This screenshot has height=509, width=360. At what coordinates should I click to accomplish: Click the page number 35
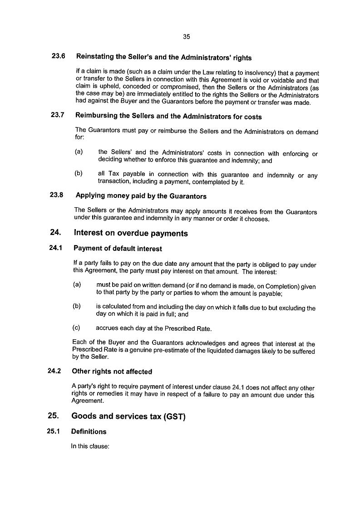coord(186,37)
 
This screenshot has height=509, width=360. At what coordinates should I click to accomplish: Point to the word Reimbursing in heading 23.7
coord(95,116)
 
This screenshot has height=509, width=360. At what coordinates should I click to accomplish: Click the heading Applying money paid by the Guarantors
coord(141,196)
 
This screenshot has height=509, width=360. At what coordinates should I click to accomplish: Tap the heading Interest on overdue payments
coord(130,233)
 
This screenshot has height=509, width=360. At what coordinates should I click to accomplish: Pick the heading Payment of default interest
coord(118,249)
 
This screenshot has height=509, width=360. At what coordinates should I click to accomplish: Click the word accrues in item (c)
coord(107,328)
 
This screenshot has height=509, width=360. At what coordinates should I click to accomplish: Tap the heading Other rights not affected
coord(112,372)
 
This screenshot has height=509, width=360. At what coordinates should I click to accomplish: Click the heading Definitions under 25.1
coord(89,431)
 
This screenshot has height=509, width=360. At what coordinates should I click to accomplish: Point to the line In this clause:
coord(90,446)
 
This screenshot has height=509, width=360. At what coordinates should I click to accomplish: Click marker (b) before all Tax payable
coord(79,174)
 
